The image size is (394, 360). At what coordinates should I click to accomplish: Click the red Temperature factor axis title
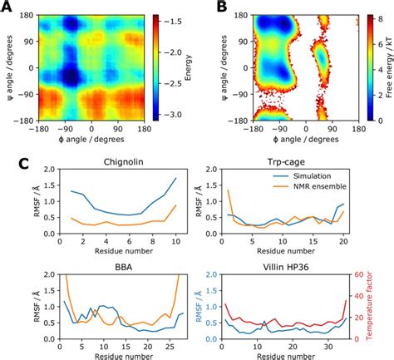[387, 309]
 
